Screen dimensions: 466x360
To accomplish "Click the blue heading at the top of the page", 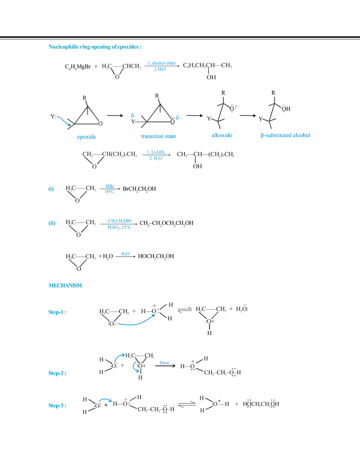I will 94,47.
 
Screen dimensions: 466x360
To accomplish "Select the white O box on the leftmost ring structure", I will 101,123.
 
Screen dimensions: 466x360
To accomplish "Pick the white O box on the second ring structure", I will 173,122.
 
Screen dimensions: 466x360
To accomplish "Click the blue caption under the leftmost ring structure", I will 87,137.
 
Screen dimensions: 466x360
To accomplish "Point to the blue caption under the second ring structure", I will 158,136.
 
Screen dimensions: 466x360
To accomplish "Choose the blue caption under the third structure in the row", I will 221,135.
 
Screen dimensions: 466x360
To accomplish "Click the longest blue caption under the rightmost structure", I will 285,135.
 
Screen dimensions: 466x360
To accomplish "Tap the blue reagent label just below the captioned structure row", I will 156,156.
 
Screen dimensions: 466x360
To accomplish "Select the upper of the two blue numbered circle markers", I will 51,189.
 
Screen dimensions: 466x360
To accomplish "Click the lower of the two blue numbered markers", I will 52,223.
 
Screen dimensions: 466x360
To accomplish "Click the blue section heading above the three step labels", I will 65,286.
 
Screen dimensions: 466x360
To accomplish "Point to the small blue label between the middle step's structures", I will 164,362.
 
